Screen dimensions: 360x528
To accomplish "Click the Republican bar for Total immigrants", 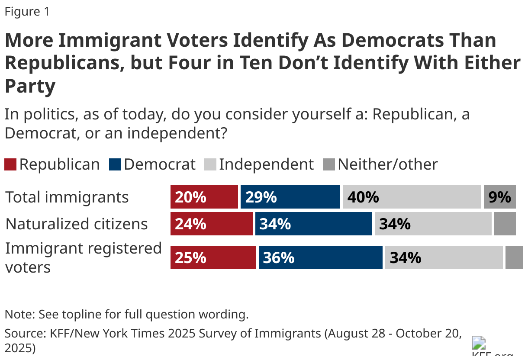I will click(204, 197).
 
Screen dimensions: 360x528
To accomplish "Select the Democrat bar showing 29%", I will click(290, 197).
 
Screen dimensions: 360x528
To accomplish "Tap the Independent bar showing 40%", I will click(412, 197).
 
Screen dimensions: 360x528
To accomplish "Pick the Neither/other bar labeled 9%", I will click(500, 197).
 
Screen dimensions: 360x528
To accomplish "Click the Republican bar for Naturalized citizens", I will click(211, 224).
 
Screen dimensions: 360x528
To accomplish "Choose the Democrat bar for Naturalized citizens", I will click(313, 224).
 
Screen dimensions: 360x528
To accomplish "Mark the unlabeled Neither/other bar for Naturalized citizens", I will click(505, 224).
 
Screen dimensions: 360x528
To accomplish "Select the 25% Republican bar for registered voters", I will click(213, 257).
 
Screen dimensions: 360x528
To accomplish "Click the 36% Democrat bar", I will click(320, 257).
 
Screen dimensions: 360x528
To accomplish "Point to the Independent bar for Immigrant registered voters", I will click(444, 257).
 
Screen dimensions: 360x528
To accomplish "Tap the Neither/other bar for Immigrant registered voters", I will click(514, 257).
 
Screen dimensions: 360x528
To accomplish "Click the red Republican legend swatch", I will click(10, 165).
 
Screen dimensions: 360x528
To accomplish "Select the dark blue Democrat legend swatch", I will click(115, 165).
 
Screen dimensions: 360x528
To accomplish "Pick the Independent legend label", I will click(266, 164).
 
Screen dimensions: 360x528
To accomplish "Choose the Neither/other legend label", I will click(387, 164).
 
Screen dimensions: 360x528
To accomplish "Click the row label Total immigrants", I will click(67, 197).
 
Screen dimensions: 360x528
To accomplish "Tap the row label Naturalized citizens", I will click(77, 224).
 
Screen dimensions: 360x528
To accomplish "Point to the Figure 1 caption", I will click(27, 12).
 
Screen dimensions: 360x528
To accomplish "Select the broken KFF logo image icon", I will click(478, 343).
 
